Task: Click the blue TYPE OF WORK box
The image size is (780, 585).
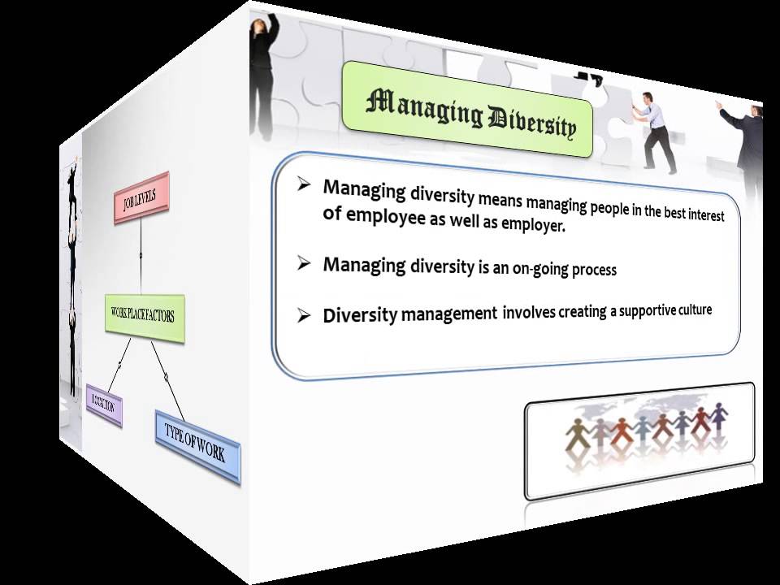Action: coord(197,444)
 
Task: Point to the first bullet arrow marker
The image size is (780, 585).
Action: coord(304,184)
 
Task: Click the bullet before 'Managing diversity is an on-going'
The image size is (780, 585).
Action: coord(304,262)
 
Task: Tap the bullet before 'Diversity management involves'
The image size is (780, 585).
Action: coord(304,315)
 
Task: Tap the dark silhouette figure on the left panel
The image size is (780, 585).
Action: coord(72,268)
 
